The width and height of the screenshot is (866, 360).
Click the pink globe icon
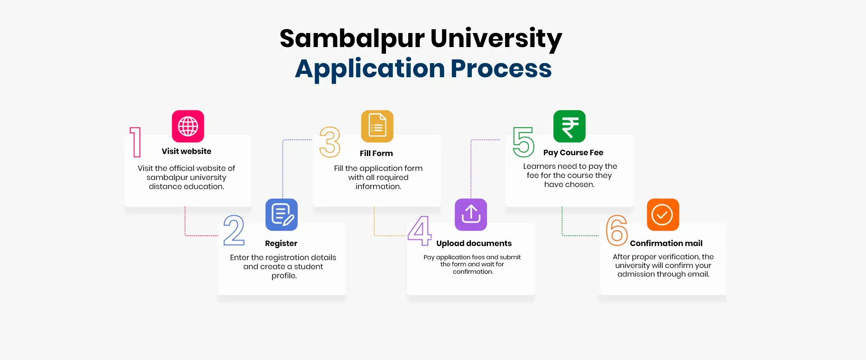[188, 126]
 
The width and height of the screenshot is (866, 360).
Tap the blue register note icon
[282, 215]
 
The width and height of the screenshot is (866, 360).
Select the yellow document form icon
[377, 126]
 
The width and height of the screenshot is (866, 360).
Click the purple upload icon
[471, 215]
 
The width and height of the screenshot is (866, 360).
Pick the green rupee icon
[569, 126]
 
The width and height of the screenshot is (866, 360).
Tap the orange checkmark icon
[663, 215]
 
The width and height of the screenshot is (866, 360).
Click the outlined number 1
[135, 142]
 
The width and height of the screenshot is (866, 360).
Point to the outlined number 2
[234, 230]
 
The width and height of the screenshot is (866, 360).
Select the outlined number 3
[330, 142]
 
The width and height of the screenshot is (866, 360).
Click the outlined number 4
[419, 230]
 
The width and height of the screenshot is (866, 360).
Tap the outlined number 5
[523, 142]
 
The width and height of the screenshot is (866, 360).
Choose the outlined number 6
[617, 230]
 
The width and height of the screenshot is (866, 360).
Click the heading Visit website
[186, 152]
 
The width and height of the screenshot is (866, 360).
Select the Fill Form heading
[376, 154]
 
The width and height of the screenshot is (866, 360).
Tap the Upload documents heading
[474, 244]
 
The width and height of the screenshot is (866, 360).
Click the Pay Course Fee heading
[573, 153]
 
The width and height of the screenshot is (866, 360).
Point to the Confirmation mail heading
[666, 244]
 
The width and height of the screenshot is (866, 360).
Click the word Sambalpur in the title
[352, 39]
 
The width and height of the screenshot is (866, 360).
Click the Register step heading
[281, 244]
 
